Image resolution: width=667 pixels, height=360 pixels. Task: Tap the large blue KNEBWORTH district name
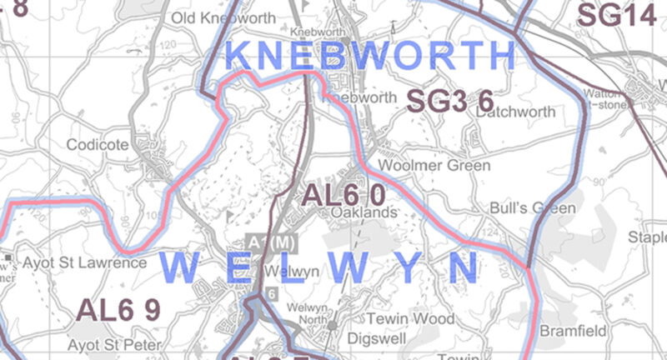(371, 56)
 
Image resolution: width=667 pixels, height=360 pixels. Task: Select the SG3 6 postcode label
(449, 101)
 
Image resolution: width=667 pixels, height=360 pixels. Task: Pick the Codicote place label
(98, 145)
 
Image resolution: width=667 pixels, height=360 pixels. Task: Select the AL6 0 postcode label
(343, 195)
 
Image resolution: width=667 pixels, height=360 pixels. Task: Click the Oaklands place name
(363, 213)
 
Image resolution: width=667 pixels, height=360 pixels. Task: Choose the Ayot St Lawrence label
(84, 263)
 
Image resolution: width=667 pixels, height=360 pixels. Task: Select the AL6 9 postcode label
(118, 309)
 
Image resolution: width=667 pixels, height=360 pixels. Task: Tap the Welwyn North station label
(308, 313)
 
